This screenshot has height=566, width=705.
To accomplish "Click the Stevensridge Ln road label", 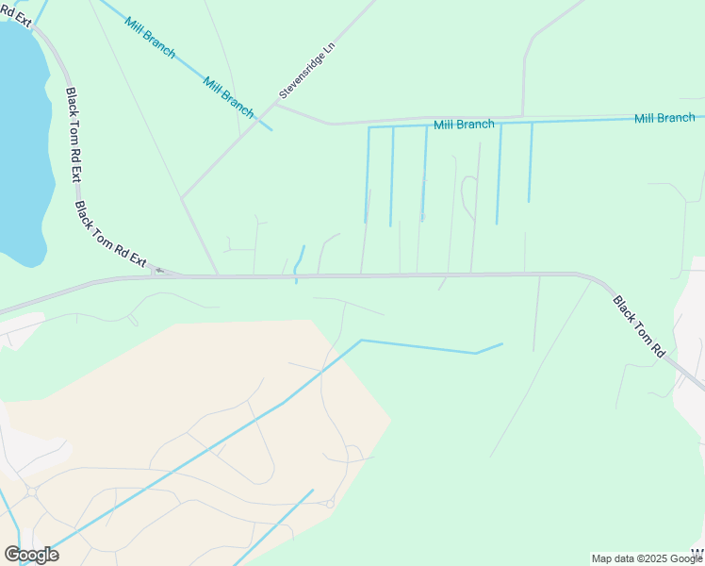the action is point(307,71).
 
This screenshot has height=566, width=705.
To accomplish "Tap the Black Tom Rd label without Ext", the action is point(639,326).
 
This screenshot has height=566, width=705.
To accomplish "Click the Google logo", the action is point(31,555).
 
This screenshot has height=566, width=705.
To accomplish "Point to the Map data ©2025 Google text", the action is point(647,558).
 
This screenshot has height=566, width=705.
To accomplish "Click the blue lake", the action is point(21,141).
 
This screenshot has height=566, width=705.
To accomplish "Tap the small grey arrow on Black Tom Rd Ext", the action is point(159,271).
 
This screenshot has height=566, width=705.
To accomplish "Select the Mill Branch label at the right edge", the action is point(664,118).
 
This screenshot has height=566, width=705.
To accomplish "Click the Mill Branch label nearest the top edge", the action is point(150,35).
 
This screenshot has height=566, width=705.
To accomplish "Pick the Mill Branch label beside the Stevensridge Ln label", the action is point(229,96).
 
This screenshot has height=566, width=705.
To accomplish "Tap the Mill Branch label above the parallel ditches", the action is point(464,125).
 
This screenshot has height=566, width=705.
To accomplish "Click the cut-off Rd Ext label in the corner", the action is point(16,12).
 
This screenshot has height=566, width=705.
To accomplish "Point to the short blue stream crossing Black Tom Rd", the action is point(300,261).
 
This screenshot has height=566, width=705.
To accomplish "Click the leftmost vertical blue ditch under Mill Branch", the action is point(368,175).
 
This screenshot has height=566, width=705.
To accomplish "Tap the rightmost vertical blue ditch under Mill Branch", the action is point(530,161).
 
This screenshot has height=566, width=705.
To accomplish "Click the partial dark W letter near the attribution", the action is point(698,552).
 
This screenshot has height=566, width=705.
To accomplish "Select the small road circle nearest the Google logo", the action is point(31,491).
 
